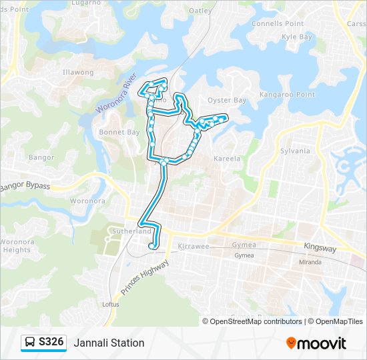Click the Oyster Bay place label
(227, 100)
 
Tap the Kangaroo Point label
(287, 95)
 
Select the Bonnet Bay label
(119, 132)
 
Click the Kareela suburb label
(226, 159)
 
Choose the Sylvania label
(295, 151)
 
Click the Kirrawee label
(194, 246)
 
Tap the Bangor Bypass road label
(25, 186)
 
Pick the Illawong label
(78, 72)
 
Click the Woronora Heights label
(16, 245)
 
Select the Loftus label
(110, 304)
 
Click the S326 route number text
(51, 342)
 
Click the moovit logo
(316, 343)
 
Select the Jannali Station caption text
(109, 343)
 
